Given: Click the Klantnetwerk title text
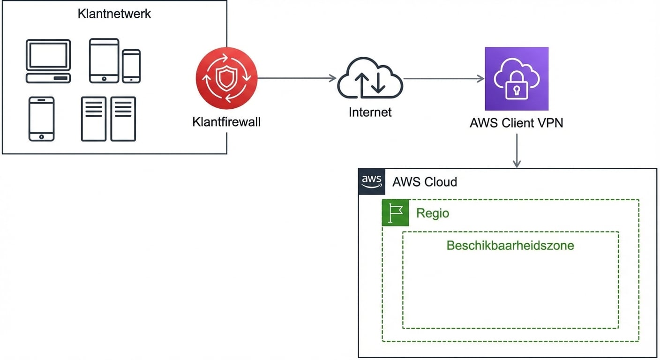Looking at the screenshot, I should pyautogui.click(x=114, y=14).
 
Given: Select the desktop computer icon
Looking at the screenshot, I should pyautogui.click(x=48, y=61).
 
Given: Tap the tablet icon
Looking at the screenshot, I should pyautogui.click(x=104, y=60).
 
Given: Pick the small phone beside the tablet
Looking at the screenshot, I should pyautogui.click(x=131, y=66).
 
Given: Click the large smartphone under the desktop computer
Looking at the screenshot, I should pyautogui.click(x=41, y=119).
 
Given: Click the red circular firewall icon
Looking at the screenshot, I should pyautogui.click(x=226, y=78).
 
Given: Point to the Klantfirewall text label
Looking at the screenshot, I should pyautogui.click(x=226, y=122).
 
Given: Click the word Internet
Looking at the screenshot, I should pyautogui.click(x=370, y=112).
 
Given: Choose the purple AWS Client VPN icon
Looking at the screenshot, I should pyautogui.click(x=516, y=78).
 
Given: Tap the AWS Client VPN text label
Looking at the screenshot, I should pyautogui.click(x=516, y=123).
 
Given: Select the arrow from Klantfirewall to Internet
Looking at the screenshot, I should pyautogui.click(x=297, y=78).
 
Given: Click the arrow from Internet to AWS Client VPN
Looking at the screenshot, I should pyautogui.click(x=443, y=78).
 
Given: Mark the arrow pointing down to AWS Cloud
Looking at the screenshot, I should pyautogui.click(x=517, y=150).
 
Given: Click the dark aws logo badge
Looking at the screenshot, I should pyautogui.click(x=372, y=181).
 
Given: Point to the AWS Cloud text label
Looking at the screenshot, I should pyautogui.click(x=424, y=182).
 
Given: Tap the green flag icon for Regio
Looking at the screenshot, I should pyautogui.click(x=395, y=213).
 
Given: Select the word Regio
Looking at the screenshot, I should pyautogui.click(x=432, y=213).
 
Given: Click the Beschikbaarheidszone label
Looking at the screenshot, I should pyautogui.click(x=510, y=245).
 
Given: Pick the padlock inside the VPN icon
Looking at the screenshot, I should pyautogui.click(x=516, y=89).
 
